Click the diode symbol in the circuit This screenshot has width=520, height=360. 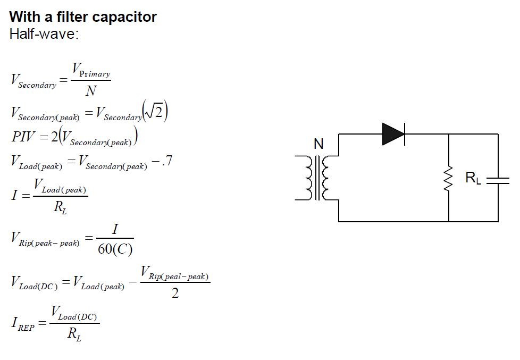(393, 134)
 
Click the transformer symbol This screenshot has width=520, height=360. (317, 178)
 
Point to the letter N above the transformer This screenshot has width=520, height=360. (318, 144)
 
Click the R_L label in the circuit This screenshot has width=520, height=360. (473, 178)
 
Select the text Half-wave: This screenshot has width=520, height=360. (44, 34)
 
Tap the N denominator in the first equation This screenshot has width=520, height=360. (91, 91)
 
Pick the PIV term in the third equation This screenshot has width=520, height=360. (24, 136)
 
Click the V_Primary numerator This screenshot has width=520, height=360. (91, 71)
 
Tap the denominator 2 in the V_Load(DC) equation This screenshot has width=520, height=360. (175, 292)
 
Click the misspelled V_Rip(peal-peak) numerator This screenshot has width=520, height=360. (175, 274)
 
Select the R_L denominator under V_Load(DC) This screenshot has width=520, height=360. (74, 334)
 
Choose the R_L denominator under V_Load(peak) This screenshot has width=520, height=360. (60, 207)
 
